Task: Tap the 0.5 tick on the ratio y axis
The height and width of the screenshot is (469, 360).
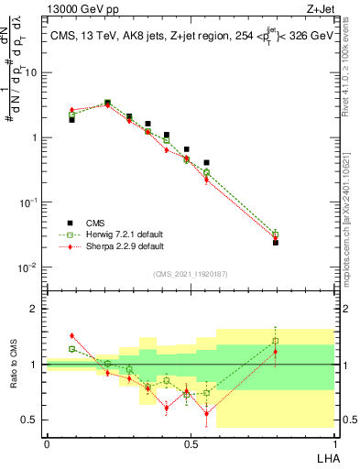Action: tap(30, 420)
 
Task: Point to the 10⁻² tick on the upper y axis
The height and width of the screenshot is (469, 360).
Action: tap(28, 267)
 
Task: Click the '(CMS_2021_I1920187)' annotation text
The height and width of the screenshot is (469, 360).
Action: tap(191, 273)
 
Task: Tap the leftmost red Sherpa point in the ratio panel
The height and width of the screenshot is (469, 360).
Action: tap(72, 335)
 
